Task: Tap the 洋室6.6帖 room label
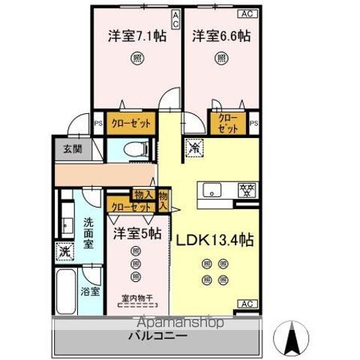221,34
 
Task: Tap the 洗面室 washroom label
88,232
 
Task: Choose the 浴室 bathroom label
90,291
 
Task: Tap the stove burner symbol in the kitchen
245,190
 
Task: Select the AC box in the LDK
245,304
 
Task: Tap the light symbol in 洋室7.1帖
136,59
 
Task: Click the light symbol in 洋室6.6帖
221,59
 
